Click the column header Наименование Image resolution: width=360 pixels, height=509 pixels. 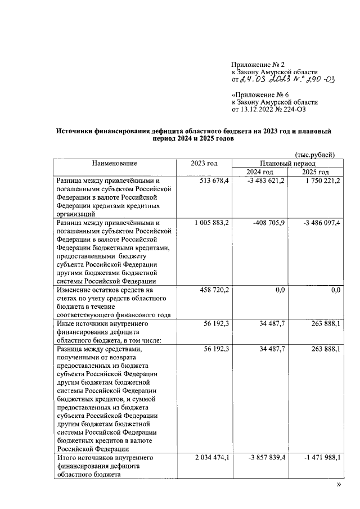[x=115, y=163]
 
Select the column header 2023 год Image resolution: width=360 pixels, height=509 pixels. [x=204, y=163]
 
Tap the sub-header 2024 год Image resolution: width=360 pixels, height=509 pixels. [x=260, y=172]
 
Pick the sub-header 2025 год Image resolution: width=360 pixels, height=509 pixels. [x=315, y=172]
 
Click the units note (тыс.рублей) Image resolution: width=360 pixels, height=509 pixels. [x=315, y=154]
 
